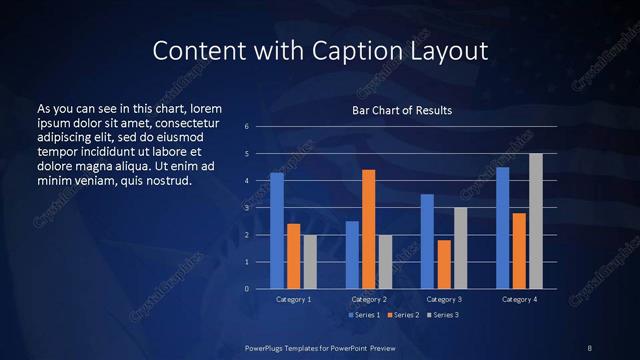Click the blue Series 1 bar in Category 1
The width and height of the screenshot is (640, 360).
[277, 231]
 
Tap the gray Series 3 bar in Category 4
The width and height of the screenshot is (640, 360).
[536, 221]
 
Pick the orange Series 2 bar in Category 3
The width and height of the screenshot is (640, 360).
[444, 264]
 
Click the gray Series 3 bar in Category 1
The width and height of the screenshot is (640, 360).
[310, 262]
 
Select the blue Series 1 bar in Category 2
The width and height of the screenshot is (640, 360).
[352, 255]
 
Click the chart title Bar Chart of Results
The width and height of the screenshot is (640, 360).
[402, 109]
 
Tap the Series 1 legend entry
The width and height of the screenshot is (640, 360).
[363, 315]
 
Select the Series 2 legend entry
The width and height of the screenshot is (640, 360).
[403, 315]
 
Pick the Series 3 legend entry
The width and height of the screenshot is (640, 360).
[443, 315]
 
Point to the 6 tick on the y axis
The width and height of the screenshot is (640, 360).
[247, 127]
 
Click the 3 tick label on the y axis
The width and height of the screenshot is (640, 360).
[247, 208]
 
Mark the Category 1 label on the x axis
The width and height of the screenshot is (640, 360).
[294, 299]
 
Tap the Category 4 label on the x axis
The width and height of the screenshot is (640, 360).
[519, 299]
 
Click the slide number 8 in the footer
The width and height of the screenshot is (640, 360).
[589, 347]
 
